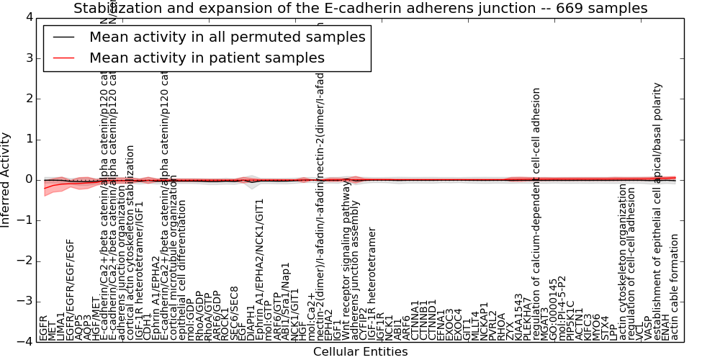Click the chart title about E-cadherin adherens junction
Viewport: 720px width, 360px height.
[x=360, y=8]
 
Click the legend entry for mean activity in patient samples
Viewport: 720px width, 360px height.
[x=207, y=58]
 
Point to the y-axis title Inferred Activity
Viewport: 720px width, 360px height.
[x=6, y=180]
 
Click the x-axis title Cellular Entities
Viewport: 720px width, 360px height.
[x=360, y=352]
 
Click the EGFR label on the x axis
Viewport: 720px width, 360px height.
[x=44, y=328]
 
